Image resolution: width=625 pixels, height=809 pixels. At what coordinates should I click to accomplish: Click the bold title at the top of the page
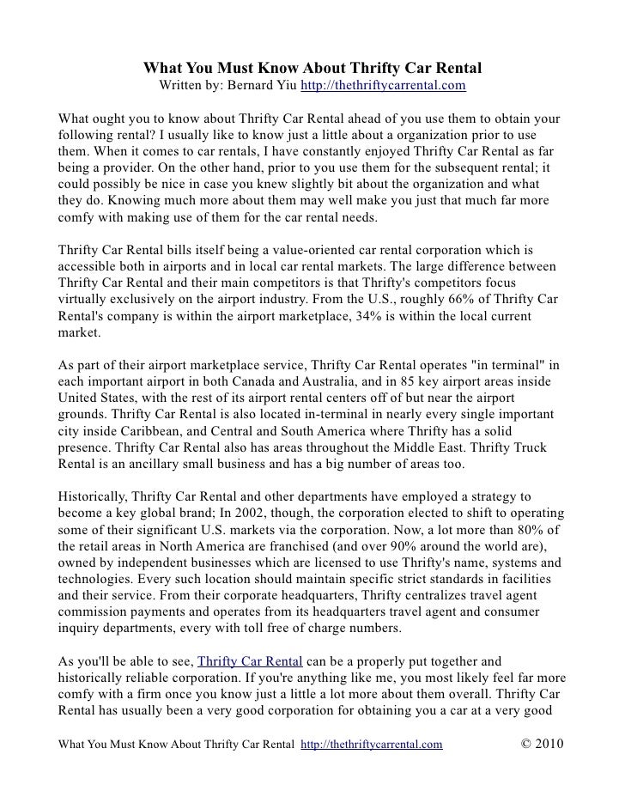pyautogui.click(x=312, y=68)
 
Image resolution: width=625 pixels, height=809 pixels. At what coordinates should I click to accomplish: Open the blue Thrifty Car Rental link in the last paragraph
pyautogui.click(x=250, y=661)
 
